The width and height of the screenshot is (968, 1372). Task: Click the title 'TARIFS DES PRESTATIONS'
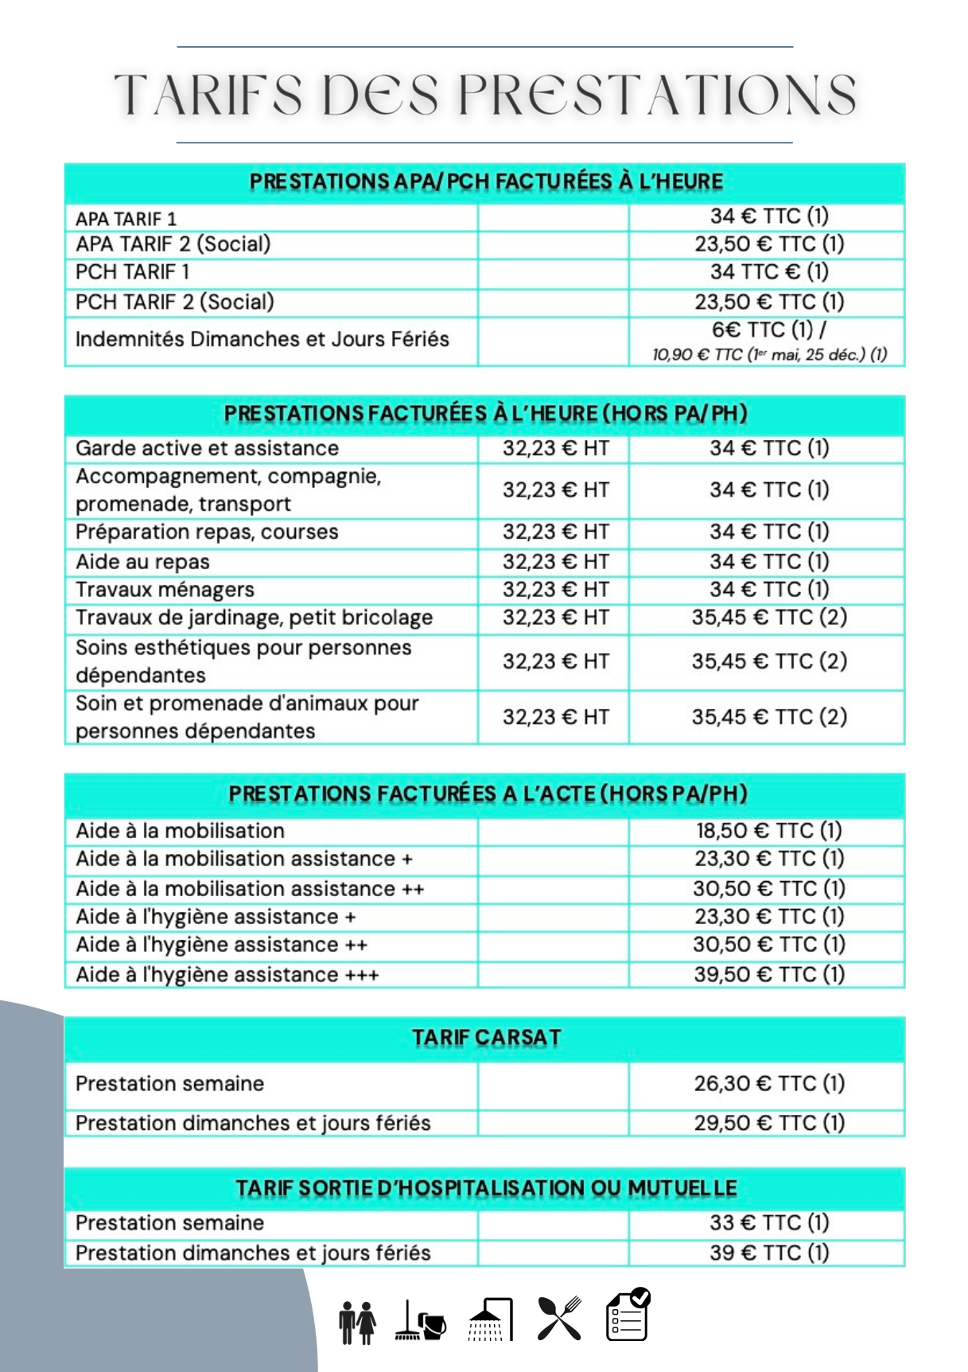point(485,95)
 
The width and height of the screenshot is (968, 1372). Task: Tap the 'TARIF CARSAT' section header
point(486,1038)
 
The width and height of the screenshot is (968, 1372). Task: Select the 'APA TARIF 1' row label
point(126,219)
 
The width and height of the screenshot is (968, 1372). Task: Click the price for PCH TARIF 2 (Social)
point(768,302)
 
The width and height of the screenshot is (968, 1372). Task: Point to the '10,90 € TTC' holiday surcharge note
point(768,355)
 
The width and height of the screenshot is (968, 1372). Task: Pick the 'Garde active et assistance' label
point(207,448)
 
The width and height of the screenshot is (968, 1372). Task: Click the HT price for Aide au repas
point(555,562)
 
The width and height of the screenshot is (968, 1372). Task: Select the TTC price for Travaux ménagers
point(768,589)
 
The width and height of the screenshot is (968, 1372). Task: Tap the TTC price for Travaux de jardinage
point(768,617)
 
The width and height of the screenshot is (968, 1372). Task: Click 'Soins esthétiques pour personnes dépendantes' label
point(243,661)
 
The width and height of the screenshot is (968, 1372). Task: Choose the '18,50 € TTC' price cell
point(768,831)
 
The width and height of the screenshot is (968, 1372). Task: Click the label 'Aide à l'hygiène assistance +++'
point(227,975)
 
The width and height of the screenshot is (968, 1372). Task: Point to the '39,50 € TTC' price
point(768,974)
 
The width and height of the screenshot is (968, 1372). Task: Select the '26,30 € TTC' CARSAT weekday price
point(768,1083)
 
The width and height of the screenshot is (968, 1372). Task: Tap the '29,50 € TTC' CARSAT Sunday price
point(768,1123)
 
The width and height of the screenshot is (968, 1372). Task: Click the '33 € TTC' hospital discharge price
point(768,1222)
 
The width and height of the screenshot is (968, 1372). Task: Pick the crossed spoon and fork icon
point(559,1319)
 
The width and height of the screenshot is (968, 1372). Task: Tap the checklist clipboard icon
point(628,1315)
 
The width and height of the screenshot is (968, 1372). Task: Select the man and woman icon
point(357,1323)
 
